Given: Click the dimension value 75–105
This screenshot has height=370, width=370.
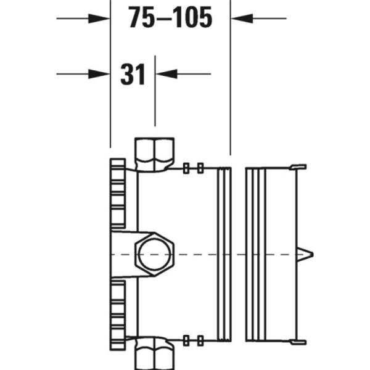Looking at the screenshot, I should click(170, 19).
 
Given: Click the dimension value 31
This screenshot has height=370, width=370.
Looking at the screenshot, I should click(133, 75).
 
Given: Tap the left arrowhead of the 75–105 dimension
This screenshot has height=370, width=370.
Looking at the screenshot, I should click(99, 18).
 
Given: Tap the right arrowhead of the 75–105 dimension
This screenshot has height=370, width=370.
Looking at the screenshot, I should click(241, 18).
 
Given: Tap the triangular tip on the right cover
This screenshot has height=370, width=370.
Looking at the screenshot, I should click(306, 253).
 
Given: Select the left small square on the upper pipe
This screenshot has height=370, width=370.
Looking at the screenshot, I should click(187, 167).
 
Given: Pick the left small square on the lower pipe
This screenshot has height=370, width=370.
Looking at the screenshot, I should click(187, 340).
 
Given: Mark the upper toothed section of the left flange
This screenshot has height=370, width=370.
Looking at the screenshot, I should click(117, 194).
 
